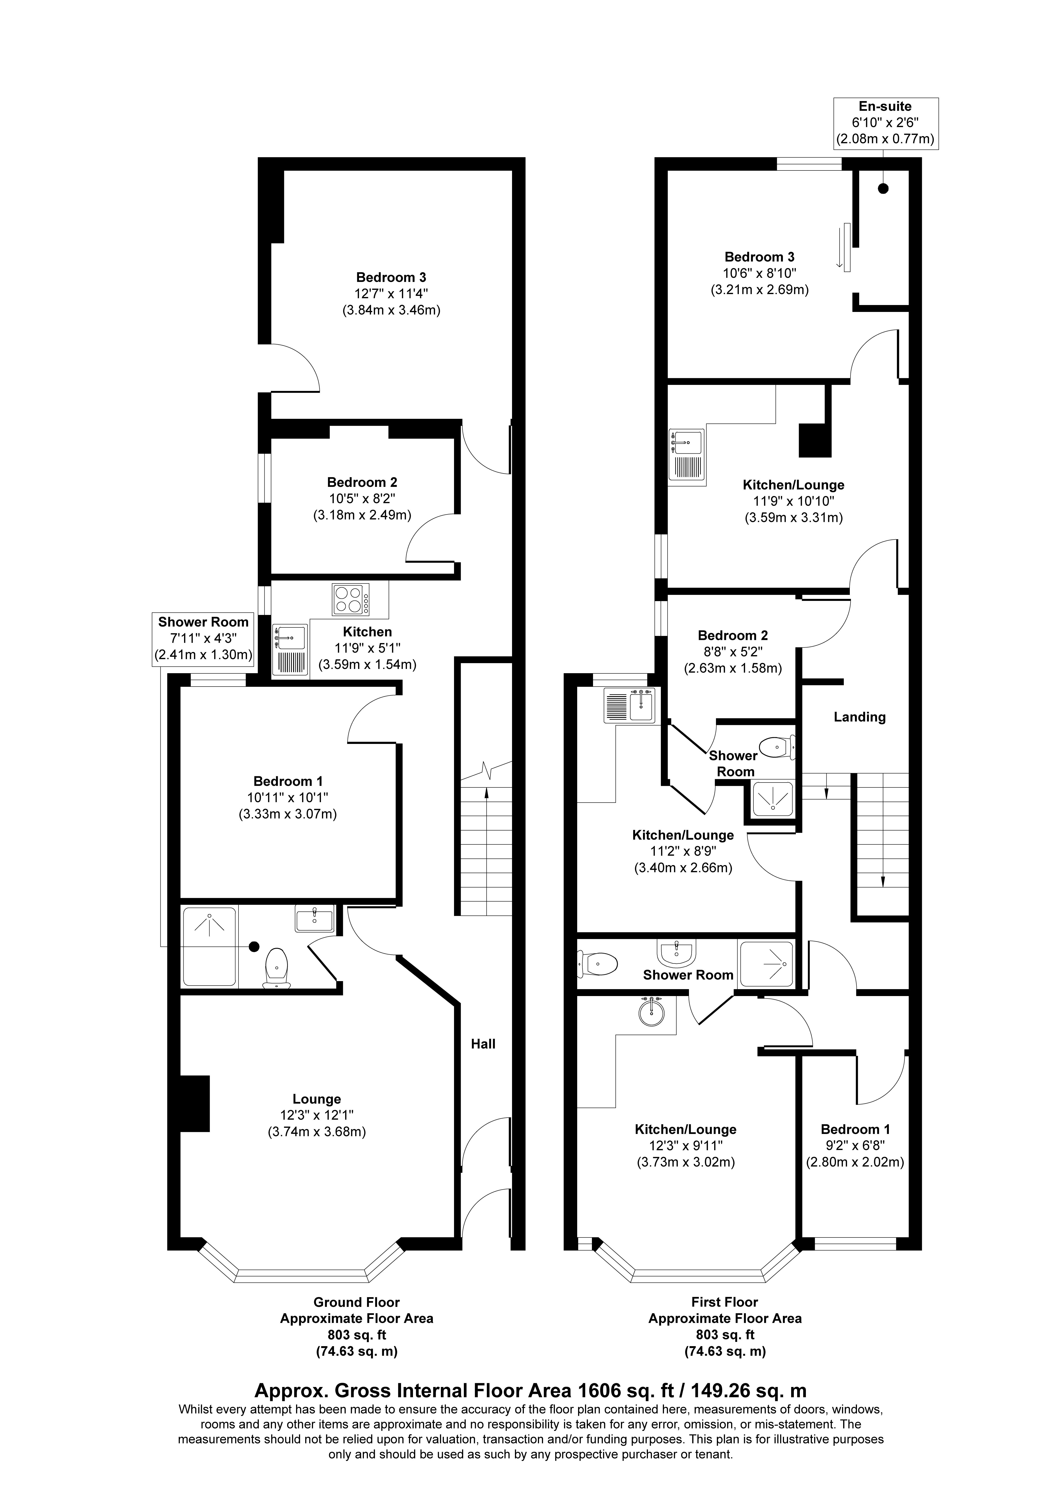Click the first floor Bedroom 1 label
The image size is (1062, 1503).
[855, 1129]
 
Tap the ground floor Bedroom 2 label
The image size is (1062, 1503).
[362, 482]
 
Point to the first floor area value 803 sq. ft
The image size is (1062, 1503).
[725, 1335]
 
